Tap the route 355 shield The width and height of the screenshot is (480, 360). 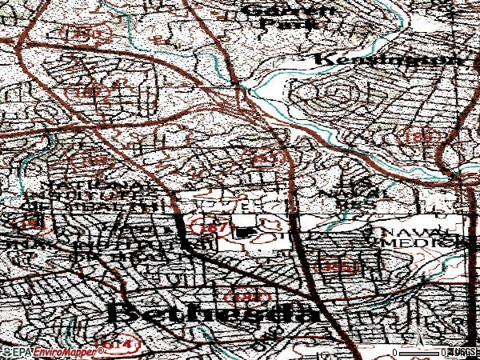pyautogui.click(x=338, y=265)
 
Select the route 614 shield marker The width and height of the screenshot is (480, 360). pyautogui.click(x=117, y=345)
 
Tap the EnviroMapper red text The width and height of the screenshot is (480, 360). pyautogui.click(x=59, y=351)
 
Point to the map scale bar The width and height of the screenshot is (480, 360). pyautogui.click(x=420, y=351)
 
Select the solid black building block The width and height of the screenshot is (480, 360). pyautogui.click(x=244, y=233)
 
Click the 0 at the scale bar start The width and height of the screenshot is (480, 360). pyautogui.click(x=396, y=351)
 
